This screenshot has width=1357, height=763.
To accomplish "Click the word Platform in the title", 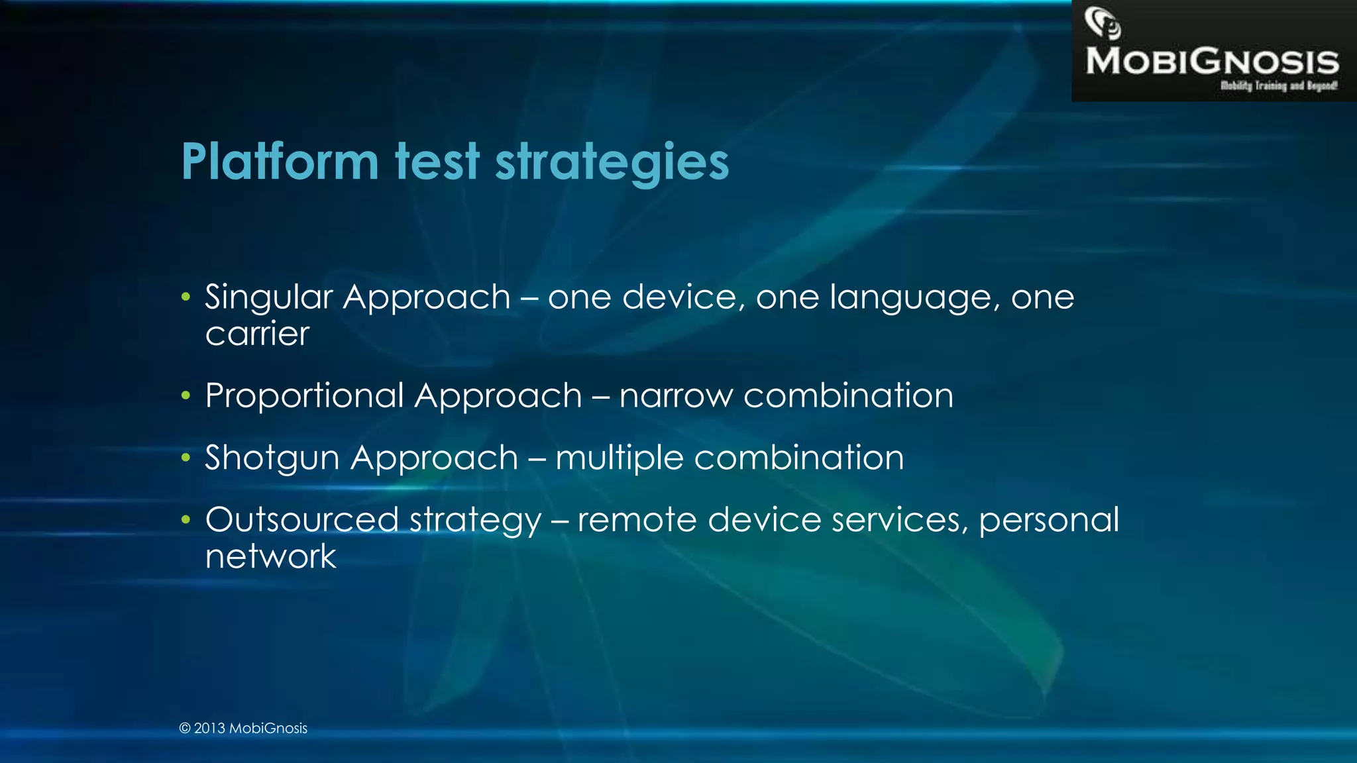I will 279,162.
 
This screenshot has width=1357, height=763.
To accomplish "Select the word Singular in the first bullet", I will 268,297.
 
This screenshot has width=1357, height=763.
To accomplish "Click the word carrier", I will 257,334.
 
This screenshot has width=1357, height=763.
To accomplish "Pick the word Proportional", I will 304,397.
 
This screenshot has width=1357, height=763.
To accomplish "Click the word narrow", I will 676,397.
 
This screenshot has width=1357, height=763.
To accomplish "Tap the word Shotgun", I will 272,458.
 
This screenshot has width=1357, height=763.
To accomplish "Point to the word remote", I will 637,520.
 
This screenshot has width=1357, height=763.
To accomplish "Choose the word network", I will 270,556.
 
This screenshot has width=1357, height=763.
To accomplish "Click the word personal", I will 1049,521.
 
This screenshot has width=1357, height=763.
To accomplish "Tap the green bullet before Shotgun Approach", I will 186,458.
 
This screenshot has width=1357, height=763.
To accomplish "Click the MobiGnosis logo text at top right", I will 1212,62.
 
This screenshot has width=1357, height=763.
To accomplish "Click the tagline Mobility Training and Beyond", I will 1278,85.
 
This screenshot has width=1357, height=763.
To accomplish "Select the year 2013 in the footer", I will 209,728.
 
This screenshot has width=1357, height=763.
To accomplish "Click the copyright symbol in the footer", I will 185,729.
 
